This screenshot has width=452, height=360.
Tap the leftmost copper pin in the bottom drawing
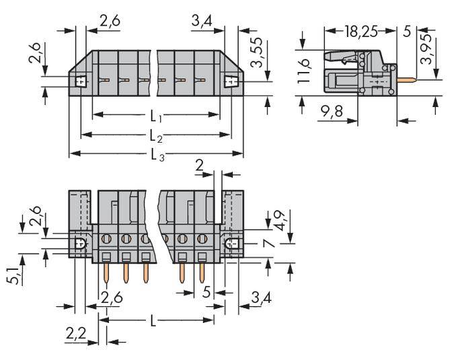pyautogui.click(x=108, y=273)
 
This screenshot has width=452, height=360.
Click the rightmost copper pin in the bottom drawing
pyautogui.click(x=201, y=273)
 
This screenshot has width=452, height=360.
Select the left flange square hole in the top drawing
pyautogui.click(x=81, y=82)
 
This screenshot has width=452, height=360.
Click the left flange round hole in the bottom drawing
pyautogui.click(x=79, y=244)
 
